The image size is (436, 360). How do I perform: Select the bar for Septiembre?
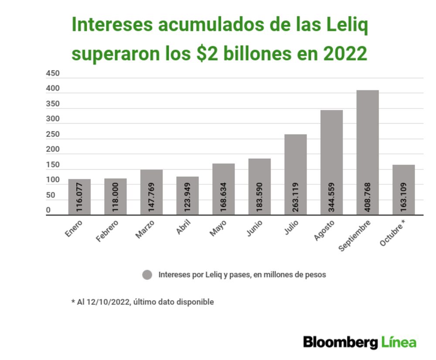point(368,144)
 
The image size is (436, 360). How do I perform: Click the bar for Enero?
point(79,192)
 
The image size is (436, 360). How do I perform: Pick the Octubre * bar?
point(403,183)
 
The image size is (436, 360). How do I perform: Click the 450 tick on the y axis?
point(53,74)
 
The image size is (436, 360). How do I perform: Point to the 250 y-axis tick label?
point(53,135)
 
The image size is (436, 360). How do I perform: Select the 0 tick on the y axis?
point(48,211)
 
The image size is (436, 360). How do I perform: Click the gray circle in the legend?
point(147,275)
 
